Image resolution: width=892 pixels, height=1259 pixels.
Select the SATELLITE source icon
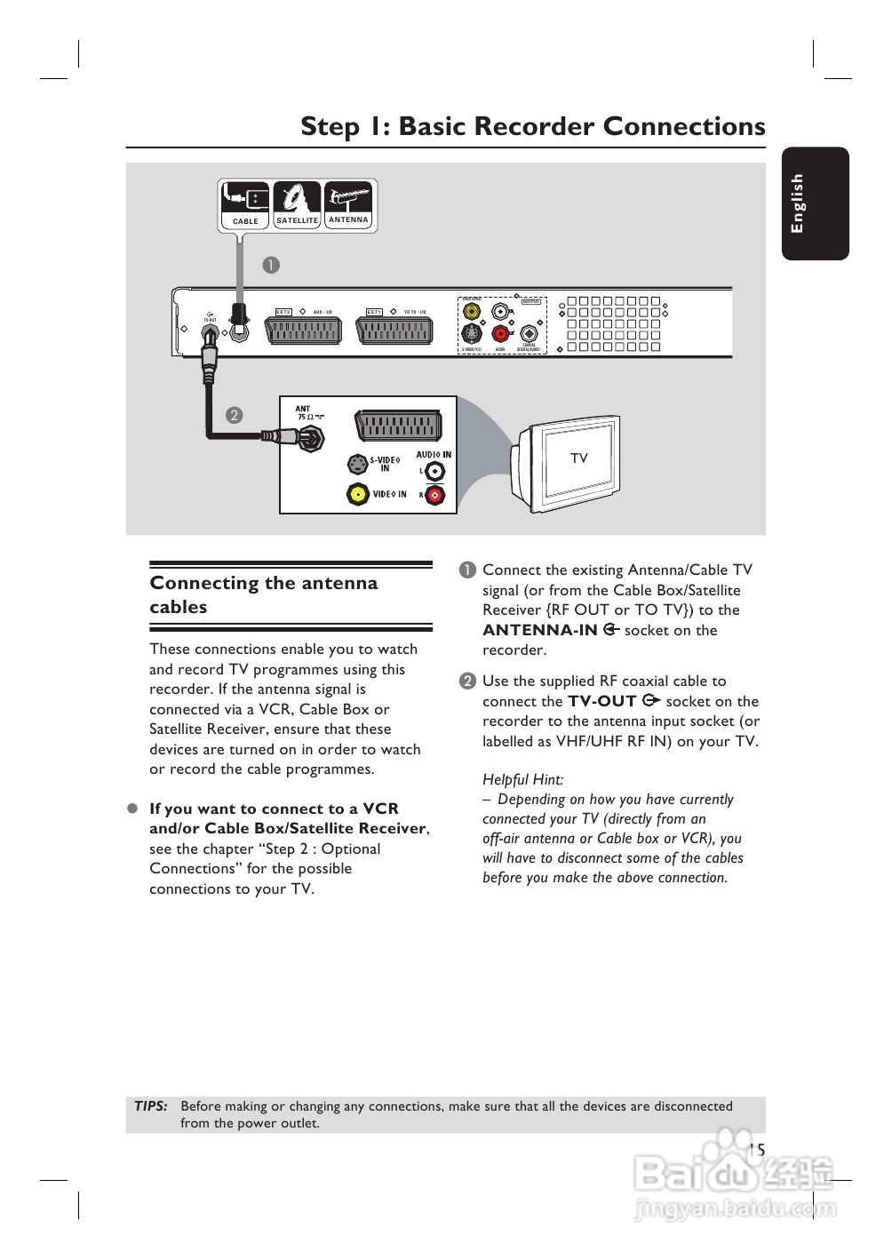[297, 205]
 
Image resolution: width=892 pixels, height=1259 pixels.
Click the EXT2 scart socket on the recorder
[302, 331]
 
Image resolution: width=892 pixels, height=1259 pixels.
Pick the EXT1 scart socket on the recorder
[394, 331]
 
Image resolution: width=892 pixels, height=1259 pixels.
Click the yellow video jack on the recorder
[472, 312]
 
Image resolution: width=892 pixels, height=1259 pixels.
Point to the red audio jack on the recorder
[501, 334]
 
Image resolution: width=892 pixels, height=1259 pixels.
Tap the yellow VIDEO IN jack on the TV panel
[357, 495]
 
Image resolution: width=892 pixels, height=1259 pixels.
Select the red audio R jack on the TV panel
[434, 495]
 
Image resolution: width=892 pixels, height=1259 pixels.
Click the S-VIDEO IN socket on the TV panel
[357, 464]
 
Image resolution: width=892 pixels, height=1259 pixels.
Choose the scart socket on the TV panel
[398, 426]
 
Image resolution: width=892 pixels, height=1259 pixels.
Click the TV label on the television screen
[579, 458]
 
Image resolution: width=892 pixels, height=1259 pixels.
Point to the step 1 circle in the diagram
[271, 265]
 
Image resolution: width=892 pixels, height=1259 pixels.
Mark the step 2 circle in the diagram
[234, 415]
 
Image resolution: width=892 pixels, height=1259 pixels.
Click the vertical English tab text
[797, 203]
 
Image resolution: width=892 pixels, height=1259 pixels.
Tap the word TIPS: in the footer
[151, 1106]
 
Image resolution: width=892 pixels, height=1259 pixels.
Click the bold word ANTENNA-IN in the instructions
[540, 630]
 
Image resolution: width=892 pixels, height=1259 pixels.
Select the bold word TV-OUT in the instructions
[602, 701]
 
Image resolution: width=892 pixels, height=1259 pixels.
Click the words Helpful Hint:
[522, 779]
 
